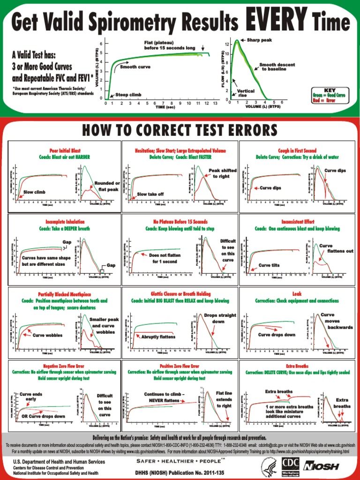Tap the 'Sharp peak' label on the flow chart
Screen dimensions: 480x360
tap(259, 40)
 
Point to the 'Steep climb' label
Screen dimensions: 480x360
tap(128, 95)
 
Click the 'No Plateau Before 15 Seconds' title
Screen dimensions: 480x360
tap(180, 221)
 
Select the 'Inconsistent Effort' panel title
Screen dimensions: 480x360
tap(298, 221)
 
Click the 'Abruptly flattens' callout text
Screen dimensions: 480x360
tap(159, 337)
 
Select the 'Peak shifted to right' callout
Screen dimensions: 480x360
tap(222, 173)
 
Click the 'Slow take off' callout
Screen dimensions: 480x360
tap(150, 194)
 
